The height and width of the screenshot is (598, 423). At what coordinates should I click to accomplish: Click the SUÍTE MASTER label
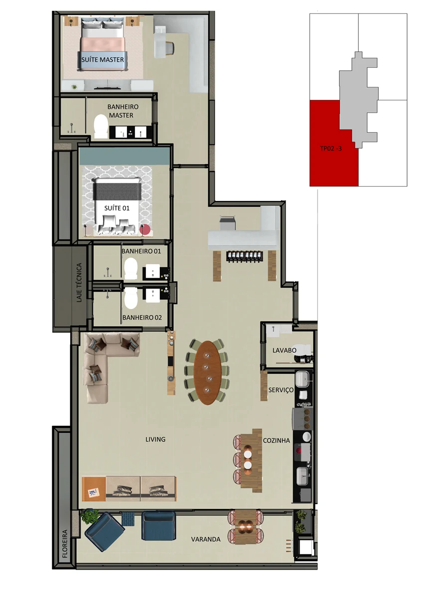pos(103,60)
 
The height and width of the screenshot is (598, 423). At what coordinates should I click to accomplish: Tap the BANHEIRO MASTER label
pos(122,111)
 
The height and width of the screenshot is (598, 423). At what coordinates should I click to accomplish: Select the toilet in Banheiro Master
pos(101,126)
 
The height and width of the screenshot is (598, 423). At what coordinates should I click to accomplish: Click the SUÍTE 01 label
pos(117,208)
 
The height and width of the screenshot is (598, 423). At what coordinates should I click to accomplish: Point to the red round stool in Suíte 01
pos(145,229)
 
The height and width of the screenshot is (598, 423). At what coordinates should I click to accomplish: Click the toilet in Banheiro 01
pos(131,268)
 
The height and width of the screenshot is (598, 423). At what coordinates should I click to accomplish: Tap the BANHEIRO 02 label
pos(142,317)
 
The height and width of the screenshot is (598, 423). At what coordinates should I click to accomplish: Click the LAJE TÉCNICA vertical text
pos(79,283)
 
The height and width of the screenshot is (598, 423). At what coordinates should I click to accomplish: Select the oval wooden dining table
pos(208,372)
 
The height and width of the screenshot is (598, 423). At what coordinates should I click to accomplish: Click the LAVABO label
pos(284,350)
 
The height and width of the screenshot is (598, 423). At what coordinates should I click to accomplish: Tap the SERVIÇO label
pos(281,390)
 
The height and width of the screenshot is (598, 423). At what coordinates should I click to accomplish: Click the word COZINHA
pos(276,440)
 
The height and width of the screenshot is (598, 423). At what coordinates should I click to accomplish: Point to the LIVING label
pos(155,439)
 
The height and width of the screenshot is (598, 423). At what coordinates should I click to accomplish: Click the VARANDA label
pos(206,539)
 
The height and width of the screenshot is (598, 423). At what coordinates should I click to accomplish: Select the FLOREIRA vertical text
pos(65,544)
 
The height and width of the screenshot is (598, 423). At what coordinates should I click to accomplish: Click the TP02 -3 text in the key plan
pos(331,148)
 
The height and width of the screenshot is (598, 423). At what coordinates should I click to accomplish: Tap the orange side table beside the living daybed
pos(94,489)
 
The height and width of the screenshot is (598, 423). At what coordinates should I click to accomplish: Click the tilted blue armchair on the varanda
pos(105,531)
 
